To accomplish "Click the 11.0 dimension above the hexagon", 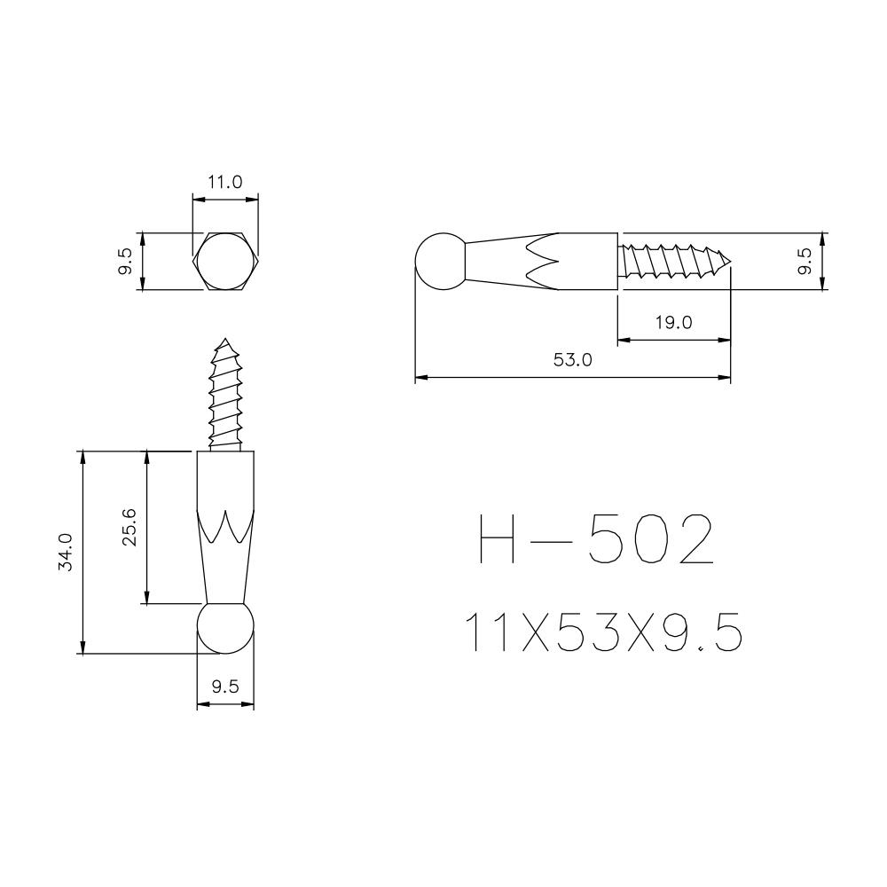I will point(224,183).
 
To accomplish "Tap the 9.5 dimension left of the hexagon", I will point(125,262).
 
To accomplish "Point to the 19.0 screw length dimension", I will point(673,322).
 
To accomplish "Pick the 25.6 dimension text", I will point(130,528).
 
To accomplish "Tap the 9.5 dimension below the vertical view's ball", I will point(224,686).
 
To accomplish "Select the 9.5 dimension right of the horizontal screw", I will point(805,262).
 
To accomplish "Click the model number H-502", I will point(595,540).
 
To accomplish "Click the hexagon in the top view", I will point(225,263).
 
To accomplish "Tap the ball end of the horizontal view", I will point(441,262).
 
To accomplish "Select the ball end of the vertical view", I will point(225,628).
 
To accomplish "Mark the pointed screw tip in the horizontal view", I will point(726,261).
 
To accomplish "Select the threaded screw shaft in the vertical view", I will point(225,399).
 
